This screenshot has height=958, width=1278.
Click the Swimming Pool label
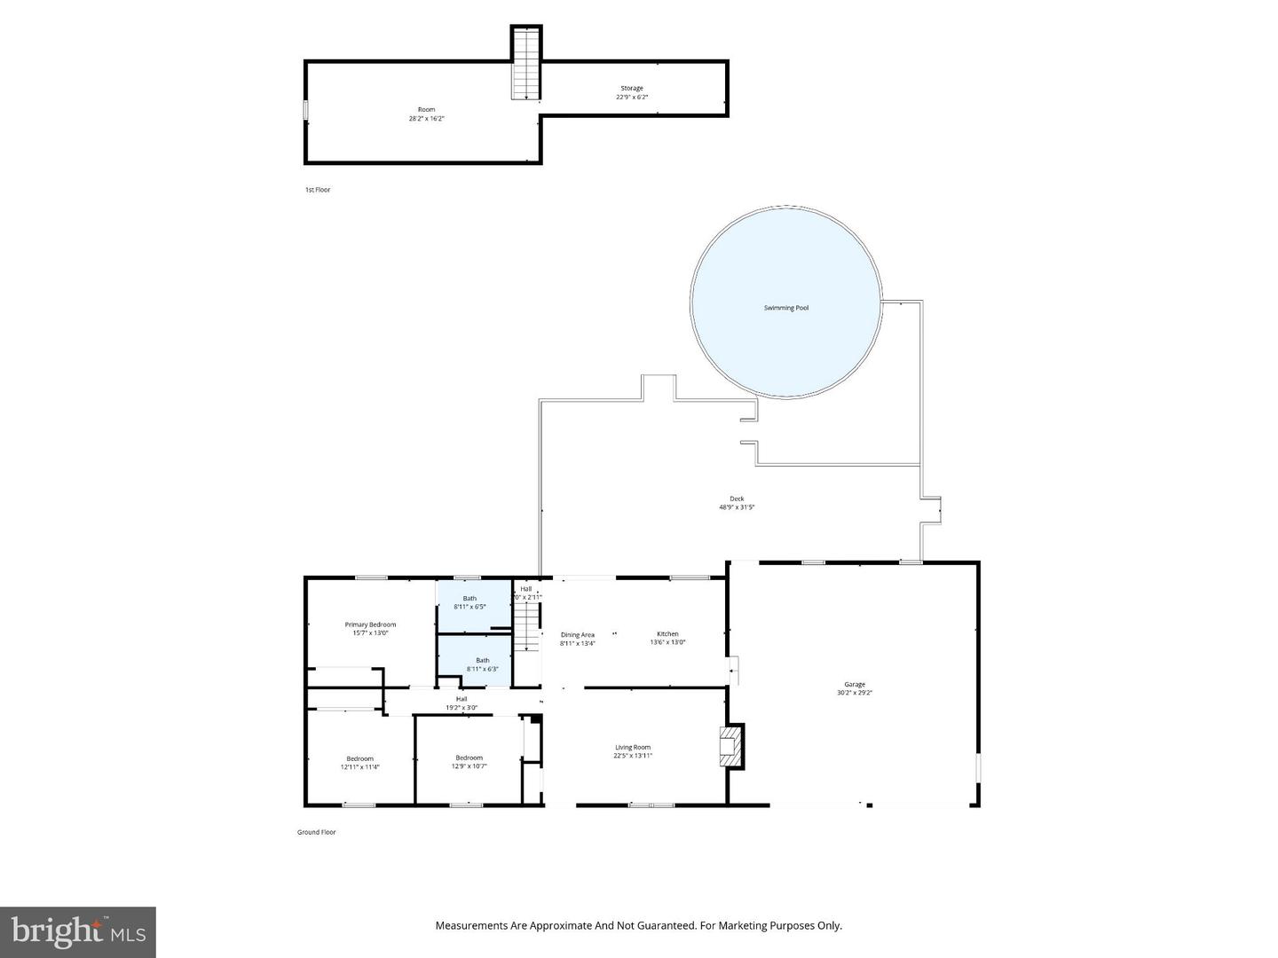[785, 308]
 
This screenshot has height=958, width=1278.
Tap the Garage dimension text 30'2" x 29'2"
[854, 693]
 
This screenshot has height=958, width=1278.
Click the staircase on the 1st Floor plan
[526, 64]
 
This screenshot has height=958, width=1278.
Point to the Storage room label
[631, 89]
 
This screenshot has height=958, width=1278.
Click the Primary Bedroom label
[370, 624]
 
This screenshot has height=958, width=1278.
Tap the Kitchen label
[667, 634]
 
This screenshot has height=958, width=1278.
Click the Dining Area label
[577, 635]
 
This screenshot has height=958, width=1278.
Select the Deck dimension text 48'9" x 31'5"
[737, 507]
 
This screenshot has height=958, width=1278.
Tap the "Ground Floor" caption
[316, 832]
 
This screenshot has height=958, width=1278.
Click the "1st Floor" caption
[318, 190]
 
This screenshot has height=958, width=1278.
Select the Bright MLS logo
[78, 931]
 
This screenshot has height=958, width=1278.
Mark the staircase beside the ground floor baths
[529, 625]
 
